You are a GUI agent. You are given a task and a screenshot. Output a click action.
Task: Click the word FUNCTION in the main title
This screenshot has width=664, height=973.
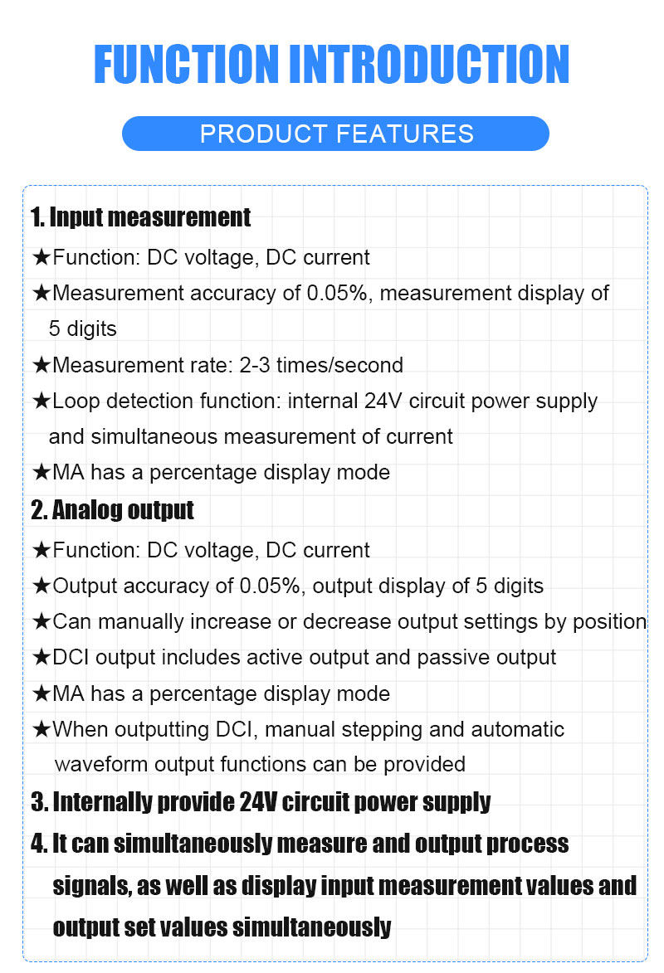click(x=186, y=64)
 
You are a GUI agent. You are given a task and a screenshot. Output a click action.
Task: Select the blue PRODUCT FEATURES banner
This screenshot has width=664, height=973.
click(x=335, y=134)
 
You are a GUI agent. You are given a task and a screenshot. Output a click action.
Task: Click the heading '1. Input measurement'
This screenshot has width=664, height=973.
click(x=140, y=218)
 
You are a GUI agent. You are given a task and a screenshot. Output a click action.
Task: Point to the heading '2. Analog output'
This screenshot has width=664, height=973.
click(x=112, y=509)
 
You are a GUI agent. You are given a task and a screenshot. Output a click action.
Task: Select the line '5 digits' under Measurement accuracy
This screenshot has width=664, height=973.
click(x=83, y=328)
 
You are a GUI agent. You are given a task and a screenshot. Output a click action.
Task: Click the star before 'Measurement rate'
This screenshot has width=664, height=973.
click(x=41, y=365)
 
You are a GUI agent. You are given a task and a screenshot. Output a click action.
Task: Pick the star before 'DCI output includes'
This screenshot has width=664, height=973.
click(x=41, y=658)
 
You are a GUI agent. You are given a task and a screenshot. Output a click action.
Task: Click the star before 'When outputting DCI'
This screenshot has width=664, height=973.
click(x=41, y=730)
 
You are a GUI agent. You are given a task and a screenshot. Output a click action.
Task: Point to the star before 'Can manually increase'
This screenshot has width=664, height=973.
click(x=41, y=621)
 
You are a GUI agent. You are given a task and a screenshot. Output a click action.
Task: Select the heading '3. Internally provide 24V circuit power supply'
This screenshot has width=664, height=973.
click(x=261, y=802)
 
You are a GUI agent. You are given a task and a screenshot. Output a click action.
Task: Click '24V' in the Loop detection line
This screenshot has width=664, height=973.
click(x=384, y=401)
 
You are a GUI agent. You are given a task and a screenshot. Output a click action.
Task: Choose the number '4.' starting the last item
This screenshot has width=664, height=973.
click(x=39, y=844)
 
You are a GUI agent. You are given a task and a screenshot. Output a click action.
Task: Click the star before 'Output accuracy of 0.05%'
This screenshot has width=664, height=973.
click(x=41, y=586)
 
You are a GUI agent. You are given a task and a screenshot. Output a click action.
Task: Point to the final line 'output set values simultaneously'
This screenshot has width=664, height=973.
click(x=222, y=927)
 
